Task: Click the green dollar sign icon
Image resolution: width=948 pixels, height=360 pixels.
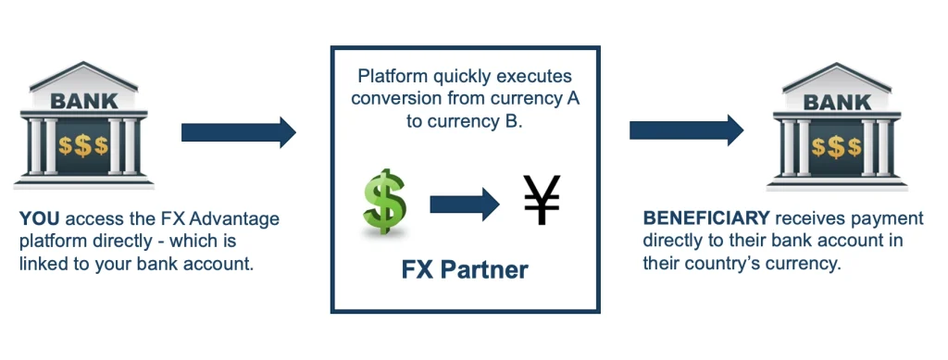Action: (384, 202)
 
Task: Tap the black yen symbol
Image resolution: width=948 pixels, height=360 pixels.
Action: (542, 200)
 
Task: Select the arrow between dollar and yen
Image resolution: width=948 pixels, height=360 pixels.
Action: (465, 205)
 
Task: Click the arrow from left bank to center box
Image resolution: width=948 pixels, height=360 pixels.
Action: (239, 131)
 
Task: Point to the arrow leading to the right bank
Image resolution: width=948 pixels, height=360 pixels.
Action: (686, 130)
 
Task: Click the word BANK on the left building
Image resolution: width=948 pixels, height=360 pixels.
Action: (84, 101)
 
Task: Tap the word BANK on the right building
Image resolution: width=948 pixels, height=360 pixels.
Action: (837, 102)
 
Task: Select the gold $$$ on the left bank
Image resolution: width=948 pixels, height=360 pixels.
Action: (83, 145)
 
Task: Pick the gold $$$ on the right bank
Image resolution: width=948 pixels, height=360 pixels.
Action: (837, 147)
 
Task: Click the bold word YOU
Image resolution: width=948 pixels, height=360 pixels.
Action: (39, 218)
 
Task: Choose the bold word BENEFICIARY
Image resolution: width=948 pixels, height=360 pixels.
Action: (706, 218)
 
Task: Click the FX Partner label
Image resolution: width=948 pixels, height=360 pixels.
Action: (465, 270)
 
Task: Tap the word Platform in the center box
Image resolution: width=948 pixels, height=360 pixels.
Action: (384, 78)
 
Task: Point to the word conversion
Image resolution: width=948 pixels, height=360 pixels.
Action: (393, 98)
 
